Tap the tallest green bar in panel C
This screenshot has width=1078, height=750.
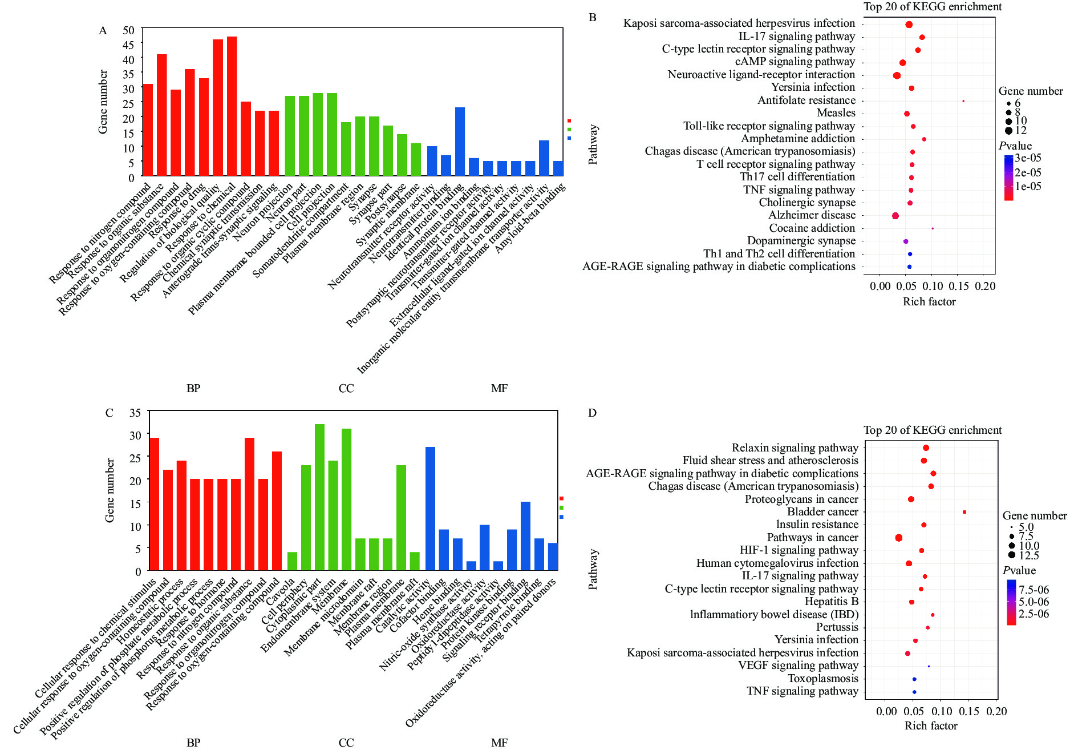coord(319,497)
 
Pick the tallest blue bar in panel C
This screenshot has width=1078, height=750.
coord(430,508)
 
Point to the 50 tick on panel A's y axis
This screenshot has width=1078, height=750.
coord(129,30)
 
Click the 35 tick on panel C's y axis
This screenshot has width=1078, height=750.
coord(135,413)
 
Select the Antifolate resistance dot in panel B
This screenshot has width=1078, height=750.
coord(963,101)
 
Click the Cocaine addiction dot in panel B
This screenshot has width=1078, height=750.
coord(933,228)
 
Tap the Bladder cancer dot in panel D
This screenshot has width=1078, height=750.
coord(964,512)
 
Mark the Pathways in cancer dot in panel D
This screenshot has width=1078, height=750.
coord(899,538)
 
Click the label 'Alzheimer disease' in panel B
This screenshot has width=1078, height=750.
coord(812,215)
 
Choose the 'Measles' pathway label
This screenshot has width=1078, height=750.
coord(836,113)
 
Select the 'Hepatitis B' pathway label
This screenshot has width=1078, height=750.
coord(831,602)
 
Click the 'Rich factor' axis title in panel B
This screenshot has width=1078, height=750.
coord(929,302)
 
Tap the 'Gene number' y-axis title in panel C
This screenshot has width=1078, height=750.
coord(110,490)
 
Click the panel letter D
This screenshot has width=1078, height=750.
coord(592,413)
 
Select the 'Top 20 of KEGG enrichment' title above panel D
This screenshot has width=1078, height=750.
coord(933,430)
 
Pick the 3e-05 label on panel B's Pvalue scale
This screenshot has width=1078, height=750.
coord(1028,158)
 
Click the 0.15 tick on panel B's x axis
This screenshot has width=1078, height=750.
coord(959,286)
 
